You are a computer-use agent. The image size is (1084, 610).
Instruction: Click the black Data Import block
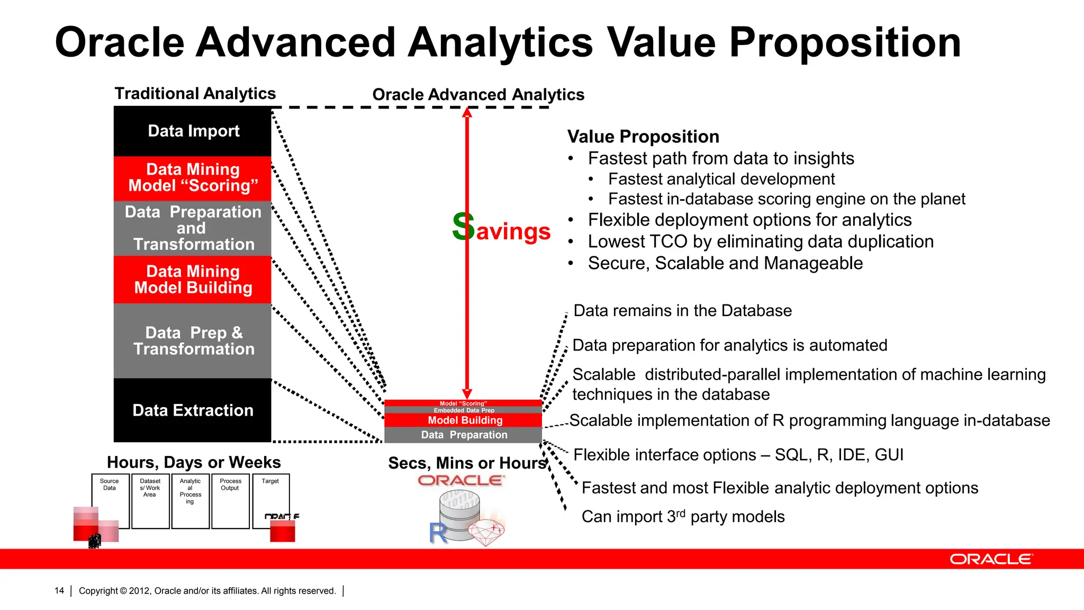pos(193,131)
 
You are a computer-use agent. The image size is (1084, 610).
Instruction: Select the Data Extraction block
pos(193,410)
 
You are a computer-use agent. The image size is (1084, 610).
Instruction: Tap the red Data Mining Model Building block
pos(193,280)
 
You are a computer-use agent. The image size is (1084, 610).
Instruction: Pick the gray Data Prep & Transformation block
pos(193,340)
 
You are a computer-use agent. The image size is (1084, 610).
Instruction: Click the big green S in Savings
pos(463,227)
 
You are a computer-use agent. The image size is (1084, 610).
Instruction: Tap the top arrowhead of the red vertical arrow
pos(467,112)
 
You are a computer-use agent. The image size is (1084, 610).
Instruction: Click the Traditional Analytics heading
pos(195,94)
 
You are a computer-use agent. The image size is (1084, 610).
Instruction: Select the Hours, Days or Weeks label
pos(194,462)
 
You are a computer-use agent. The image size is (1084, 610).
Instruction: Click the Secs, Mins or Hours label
pos(467,463)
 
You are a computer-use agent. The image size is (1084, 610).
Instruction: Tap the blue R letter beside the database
pos(438,533)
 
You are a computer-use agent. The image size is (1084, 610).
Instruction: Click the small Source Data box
pos(110,500)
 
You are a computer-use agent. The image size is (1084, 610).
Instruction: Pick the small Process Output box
pos(230,500)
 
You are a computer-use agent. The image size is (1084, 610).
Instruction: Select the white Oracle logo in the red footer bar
pos(991,559)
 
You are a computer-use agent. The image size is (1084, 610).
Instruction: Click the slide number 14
pos(59,591)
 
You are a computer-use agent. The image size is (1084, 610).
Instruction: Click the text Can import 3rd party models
pos(683,517)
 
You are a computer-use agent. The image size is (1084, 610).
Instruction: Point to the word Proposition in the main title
pos(845,43)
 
